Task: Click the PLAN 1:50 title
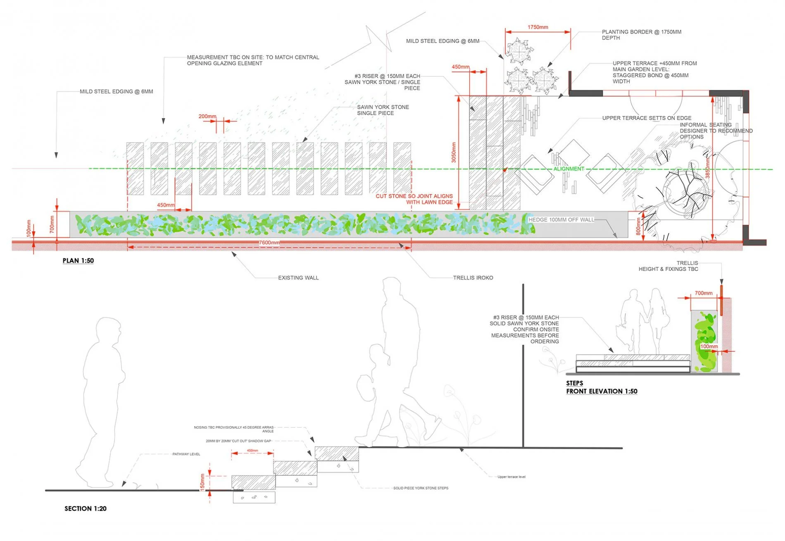[78, 261]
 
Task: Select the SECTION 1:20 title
[85, 508]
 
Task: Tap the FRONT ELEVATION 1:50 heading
[602, 391]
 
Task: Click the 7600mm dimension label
[269, 243]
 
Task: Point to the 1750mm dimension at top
[538, 27]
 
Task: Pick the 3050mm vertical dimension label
[454, 152]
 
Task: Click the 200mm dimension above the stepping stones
[207, 116]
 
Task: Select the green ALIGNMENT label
[569, 169]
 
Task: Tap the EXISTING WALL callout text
[298, 278]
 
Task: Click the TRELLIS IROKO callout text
[473, 278]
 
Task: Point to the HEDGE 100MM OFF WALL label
[561, 220]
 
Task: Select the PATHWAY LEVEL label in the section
[186, 454]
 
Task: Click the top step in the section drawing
[337, 453]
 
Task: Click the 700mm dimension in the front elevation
[703, 293]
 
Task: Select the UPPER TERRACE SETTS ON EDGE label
[647, 118]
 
